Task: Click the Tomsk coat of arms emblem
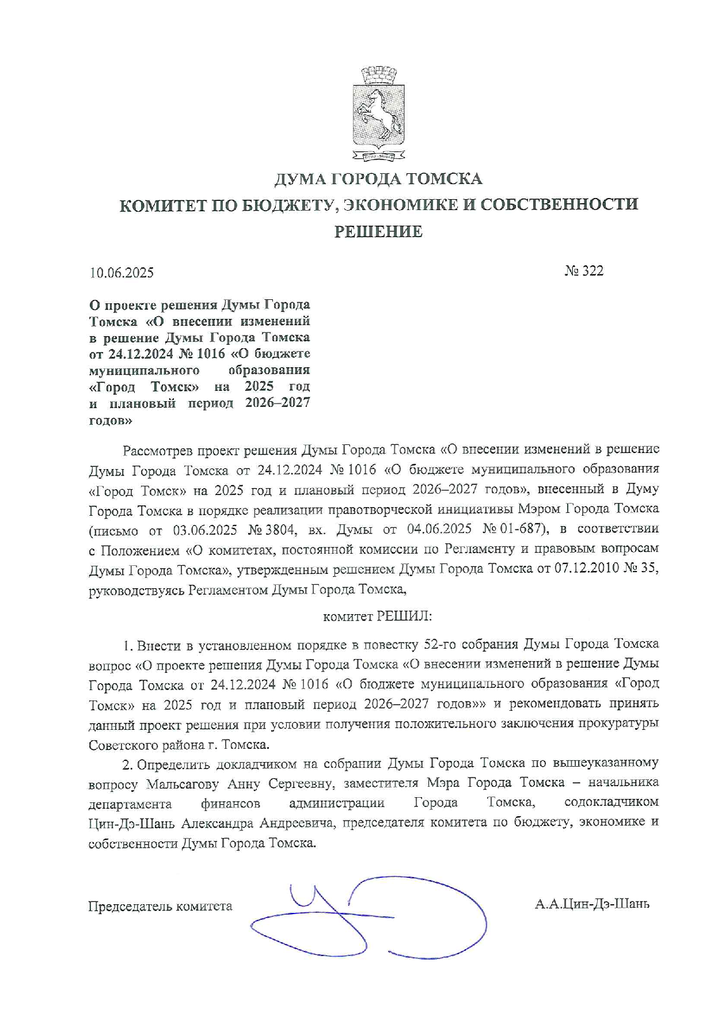point(378,113)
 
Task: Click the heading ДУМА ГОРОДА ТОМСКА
point(378,179)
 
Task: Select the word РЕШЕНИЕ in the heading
point(378,231)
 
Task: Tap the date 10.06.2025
point(121,272)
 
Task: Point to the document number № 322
point(584,271)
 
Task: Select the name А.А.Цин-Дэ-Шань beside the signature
point(592,904)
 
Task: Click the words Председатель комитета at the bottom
point(160,907)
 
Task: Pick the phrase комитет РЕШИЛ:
point(377,616)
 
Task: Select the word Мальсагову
point(184,784)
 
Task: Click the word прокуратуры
point(624,724)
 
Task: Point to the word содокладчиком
point(612,802)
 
